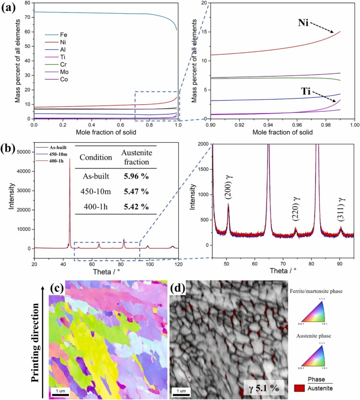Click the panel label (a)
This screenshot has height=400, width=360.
point(9,8)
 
